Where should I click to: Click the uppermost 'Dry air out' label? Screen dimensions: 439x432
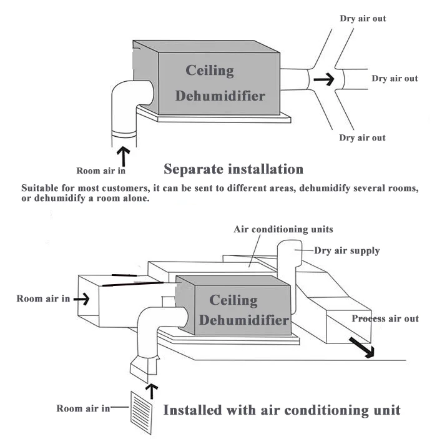[363, 18]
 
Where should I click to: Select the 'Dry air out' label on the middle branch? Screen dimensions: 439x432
[395, 78]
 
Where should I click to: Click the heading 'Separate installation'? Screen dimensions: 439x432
[233, 169]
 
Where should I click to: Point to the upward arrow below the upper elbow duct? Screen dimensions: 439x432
[124, 155]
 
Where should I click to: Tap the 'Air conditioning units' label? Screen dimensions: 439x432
[283, 229]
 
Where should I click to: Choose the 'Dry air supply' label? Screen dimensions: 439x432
[346, 250]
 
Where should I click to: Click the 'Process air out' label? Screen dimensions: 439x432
[385, 318]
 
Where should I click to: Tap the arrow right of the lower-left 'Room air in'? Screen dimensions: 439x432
[81, 299]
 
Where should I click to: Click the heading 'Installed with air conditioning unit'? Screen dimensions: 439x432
[282, 410]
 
